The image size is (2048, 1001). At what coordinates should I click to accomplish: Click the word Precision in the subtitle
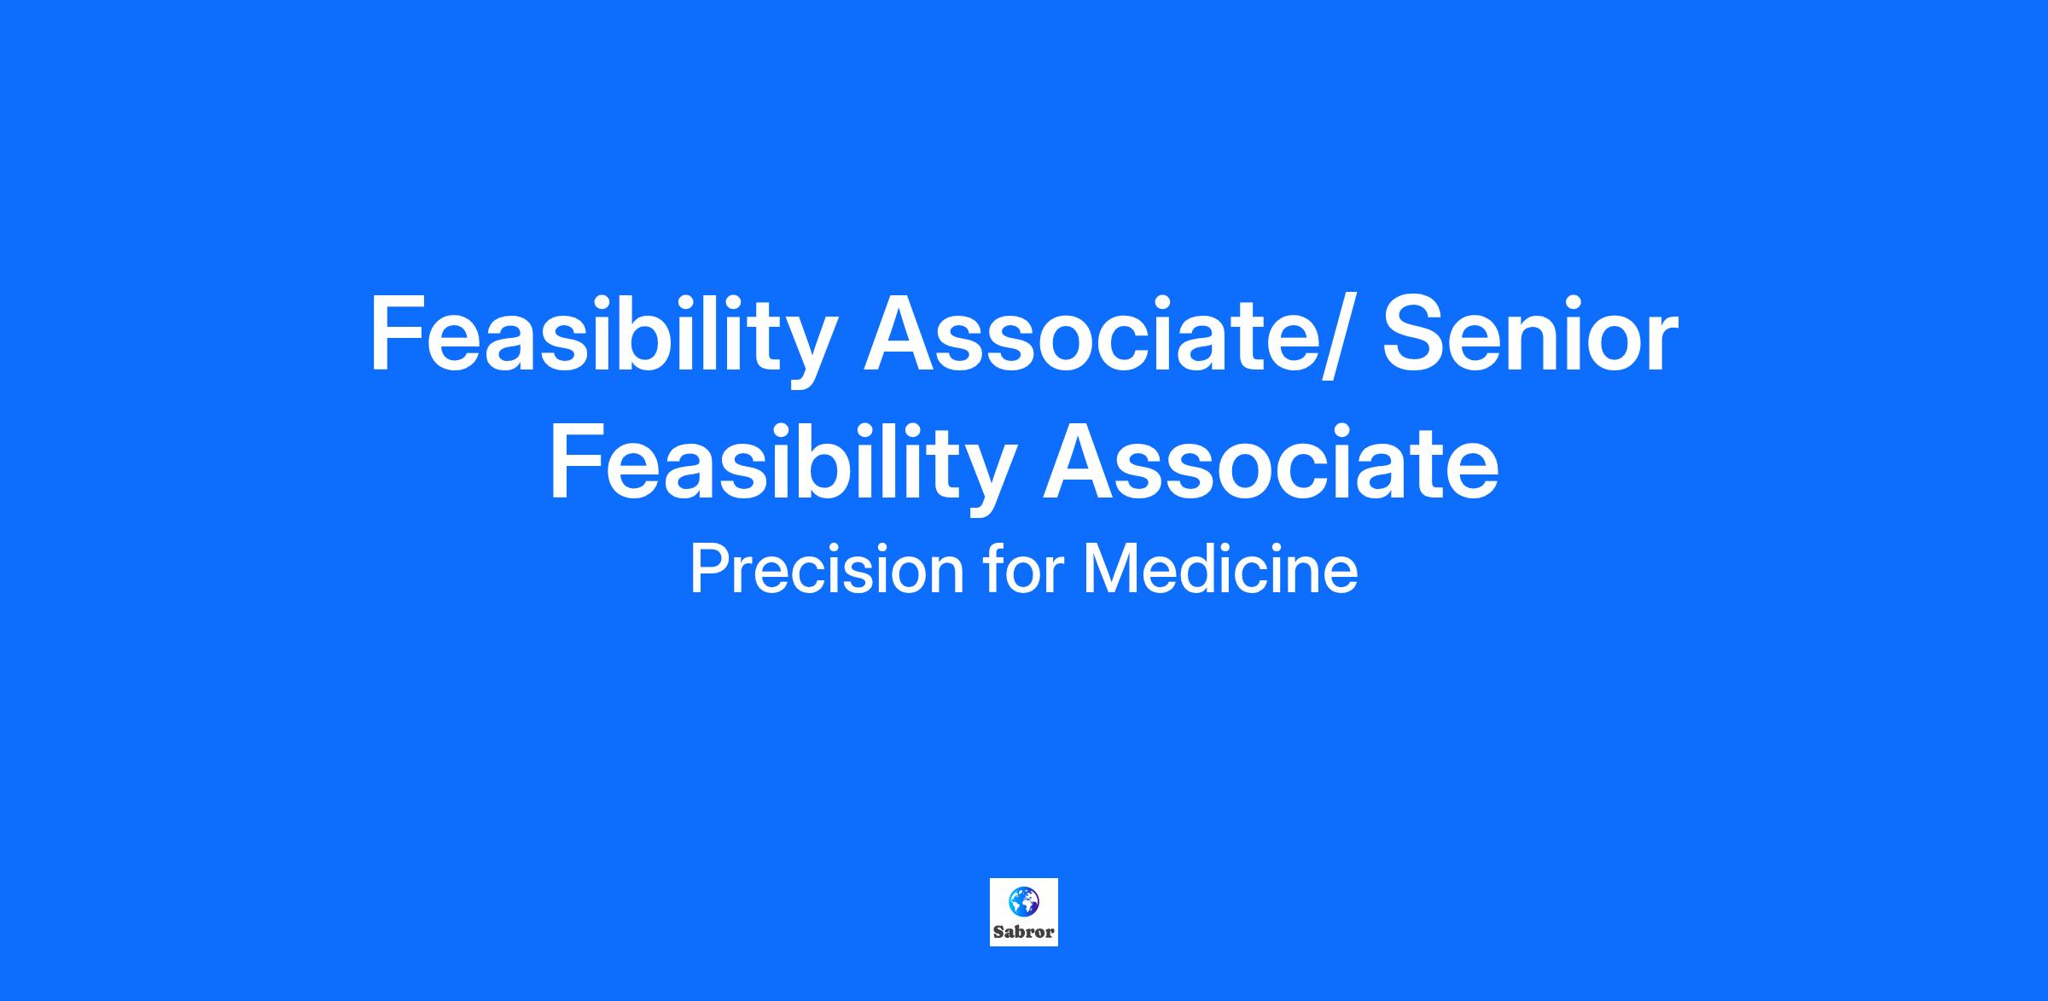click(826, 569)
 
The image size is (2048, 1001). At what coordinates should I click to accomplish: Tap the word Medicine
click(1220, 569)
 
